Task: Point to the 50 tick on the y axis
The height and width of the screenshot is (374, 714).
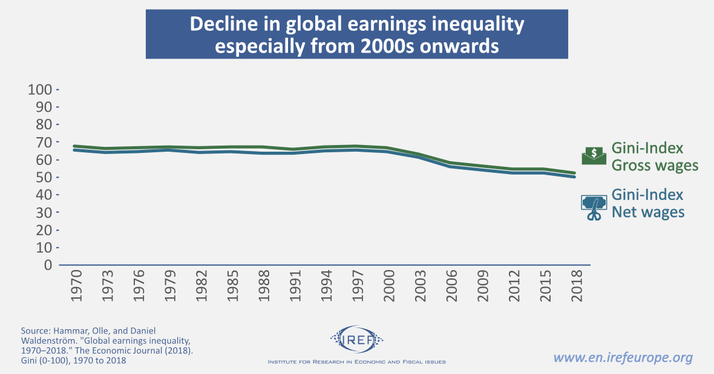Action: (44, 178)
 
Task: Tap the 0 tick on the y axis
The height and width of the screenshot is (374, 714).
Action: (48, 265)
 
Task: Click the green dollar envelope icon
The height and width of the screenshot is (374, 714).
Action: (594, 156)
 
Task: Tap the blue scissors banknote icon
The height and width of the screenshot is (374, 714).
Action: (594, 207)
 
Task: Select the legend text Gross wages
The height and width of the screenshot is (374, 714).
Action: (655, 166)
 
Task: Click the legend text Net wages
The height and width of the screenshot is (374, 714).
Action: (648, 212)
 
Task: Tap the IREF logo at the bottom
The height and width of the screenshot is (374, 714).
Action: (357, 339)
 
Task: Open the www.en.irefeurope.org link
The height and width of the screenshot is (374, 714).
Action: (623, 358)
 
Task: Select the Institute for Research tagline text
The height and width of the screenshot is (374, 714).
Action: (357, 362)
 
